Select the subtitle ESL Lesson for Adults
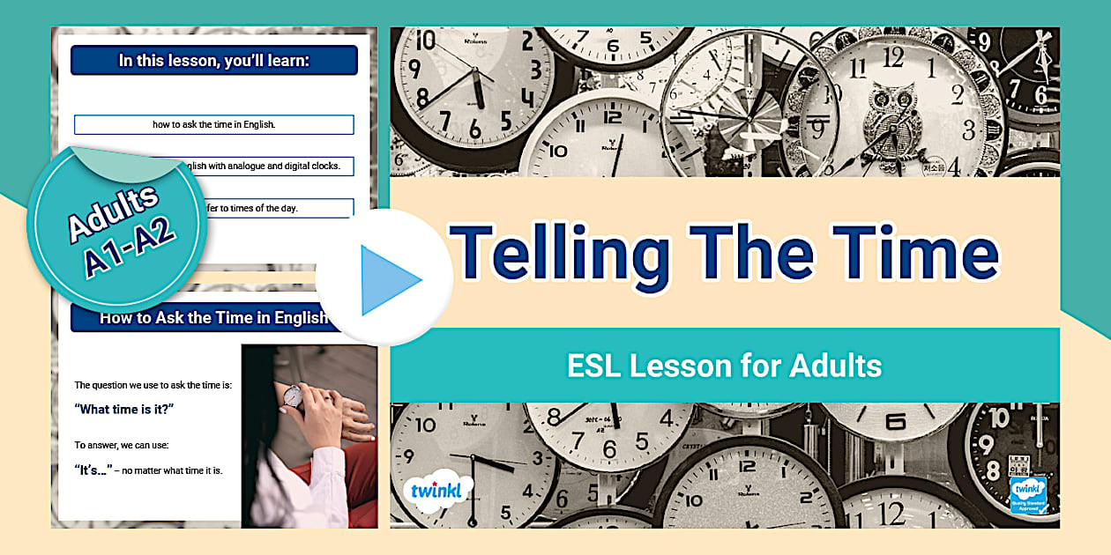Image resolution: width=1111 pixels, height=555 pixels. (724, 365)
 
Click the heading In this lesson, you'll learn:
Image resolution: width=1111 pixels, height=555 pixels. (214, 61)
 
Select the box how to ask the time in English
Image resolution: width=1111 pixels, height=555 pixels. (214, 124)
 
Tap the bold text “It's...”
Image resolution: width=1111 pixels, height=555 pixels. (92, 470)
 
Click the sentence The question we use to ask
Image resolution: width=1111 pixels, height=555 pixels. (153, 385)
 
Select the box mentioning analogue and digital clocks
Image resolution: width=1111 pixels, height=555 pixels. (265, 166)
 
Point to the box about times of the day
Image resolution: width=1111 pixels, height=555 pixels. (265, 208)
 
